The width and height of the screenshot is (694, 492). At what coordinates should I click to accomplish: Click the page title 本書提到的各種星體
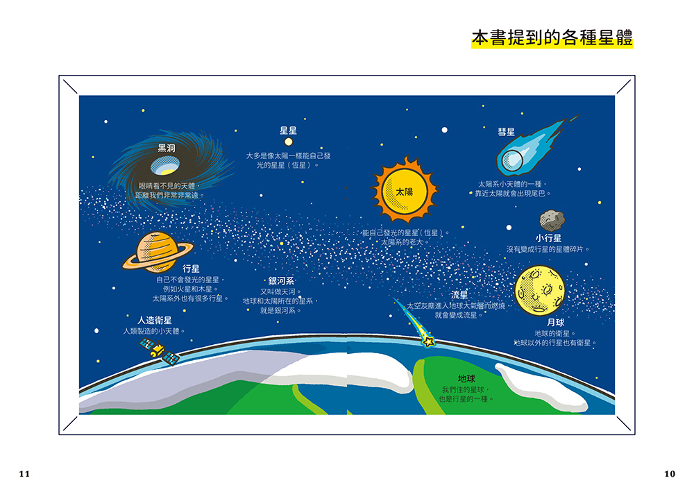click(552, 38)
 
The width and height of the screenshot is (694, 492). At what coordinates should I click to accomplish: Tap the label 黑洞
click(167, 149)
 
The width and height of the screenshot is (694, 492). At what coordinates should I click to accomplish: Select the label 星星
click(288, 130)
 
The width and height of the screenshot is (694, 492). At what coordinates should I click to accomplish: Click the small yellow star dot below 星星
click(289, 142)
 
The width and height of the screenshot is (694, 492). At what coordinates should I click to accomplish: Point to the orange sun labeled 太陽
click(405, 191)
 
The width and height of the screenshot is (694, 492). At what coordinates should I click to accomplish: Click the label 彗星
click(507, 132)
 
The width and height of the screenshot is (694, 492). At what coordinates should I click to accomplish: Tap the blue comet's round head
click(513, 160)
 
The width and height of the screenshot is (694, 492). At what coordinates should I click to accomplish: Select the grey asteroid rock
click(552, 221)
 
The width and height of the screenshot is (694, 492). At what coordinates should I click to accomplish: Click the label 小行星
click(548, 238)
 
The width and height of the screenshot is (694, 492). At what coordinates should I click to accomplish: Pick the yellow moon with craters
click(540, 290)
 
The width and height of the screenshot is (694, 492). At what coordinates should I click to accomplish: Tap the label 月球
click(555, 323)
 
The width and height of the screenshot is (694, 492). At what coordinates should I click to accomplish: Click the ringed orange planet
click(157, 252)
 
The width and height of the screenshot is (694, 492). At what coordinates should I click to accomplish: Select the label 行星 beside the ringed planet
click(191, 269)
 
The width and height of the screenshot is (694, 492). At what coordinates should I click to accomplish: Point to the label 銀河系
click(281, 281)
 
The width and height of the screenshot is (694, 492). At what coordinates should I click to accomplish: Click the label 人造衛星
click(155, 320)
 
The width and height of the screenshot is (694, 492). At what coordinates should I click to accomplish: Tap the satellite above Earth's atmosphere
click(160, 352)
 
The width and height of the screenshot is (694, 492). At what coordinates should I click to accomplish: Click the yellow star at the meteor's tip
click(428, 341)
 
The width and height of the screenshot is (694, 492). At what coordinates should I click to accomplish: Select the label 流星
click(459, 295)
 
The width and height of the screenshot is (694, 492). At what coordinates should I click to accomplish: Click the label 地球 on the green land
click(466, 379)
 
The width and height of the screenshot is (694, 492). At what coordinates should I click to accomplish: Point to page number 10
click(670, 474)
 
